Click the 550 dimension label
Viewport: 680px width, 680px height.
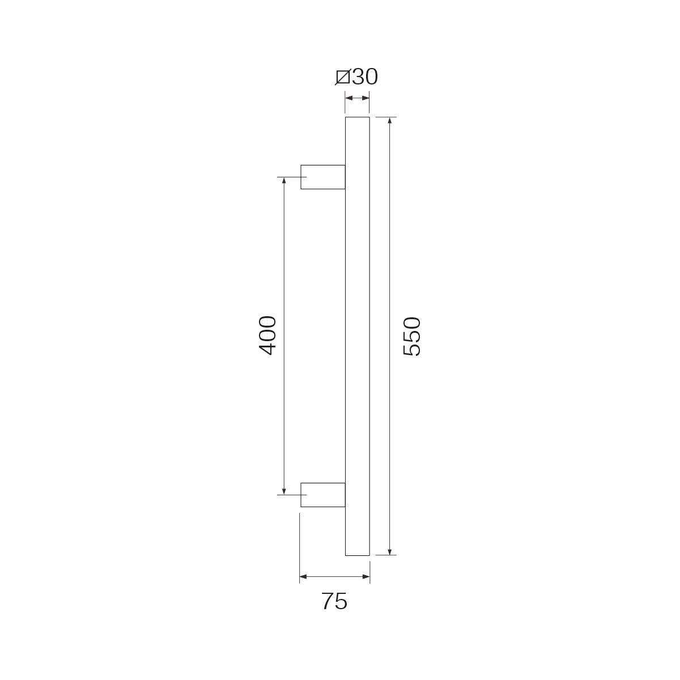pyautogui.click(x=412, y=337)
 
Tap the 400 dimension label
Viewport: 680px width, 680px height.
pyautogui.click(x=267, y=335)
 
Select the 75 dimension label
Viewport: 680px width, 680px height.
pyautogui.click(x=334, y=601)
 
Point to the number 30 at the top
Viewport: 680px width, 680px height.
pyautogui.click(x=365, y=76)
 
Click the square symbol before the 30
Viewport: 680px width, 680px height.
pyautogui.click(x=342, y=77)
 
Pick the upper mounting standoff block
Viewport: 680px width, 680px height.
pyautogui.click(x=322, y=177)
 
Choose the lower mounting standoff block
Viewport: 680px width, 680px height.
pyautogui.click(x=322, y=495)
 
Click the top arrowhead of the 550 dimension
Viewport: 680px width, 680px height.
pyautogui.click(x=389, y=121)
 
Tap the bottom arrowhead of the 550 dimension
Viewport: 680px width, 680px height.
pyautogui.click(x=389, y=551)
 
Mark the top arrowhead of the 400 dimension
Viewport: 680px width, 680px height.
pyautogui.click(x=284, y=181)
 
